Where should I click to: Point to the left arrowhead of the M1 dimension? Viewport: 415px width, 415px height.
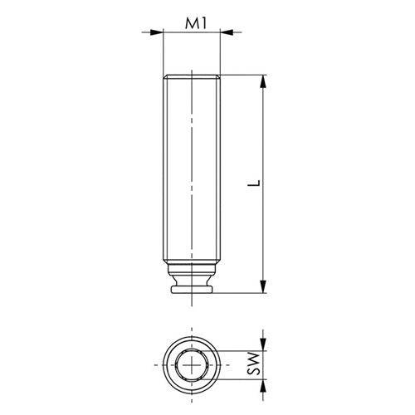[x=157, y=33]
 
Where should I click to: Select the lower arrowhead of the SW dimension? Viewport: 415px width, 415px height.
[x=264, y=382]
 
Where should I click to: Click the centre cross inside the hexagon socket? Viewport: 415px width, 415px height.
[x=194, y=365]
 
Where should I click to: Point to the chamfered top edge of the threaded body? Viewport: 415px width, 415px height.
[x=194, y=77]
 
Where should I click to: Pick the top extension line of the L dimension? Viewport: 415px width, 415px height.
[x=245, y=76]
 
